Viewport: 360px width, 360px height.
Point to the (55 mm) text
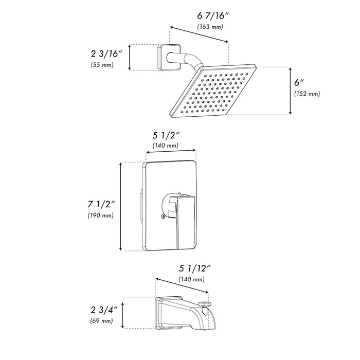(100, 65)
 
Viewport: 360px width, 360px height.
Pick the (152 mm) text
(308, 94)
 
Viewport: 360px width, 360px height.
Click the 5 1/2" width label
(166, 136)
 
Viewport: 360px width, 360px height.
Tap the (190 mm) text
(101, 215)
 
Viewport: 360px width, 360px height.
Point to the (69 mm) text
(100, 321)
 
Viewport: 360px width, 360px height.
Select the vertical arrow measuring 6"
(291, 90)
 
